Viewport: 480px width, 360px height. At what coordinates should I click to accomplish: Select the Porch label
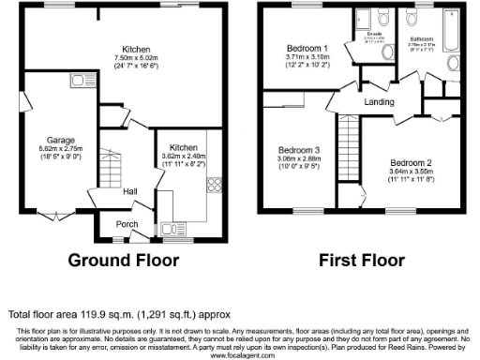pos(126,224)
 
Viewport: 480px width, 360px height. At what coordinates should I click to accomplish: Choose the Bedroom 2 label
pos(411,163)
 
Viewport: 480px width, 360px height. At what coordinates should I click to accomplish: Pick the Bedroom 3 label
pos(298,149)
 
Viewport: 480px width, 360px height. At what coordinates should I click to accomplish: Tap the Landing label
pos(380,101)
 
